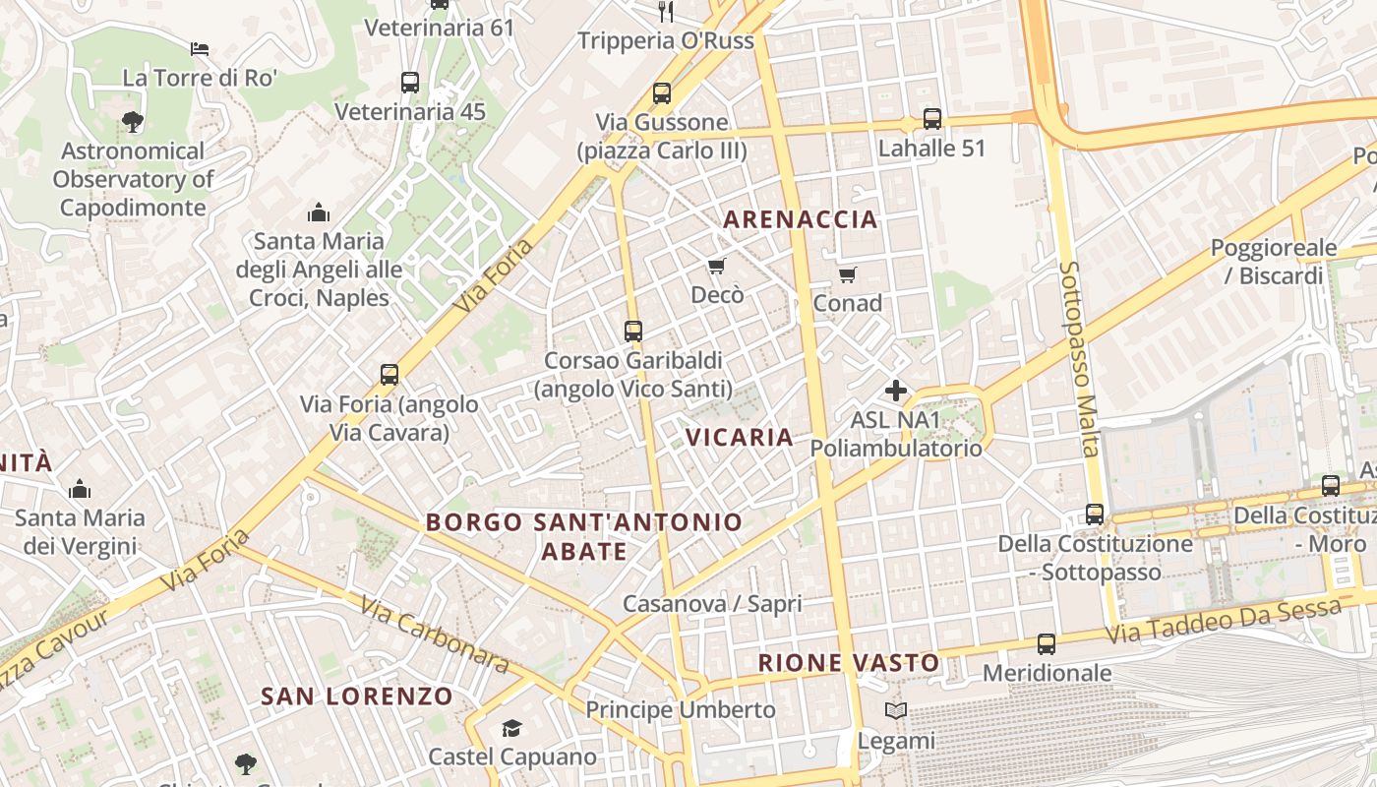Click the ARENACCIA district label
(800, 219)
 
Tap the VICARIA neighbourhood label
(739, 437)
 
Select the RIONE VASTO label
(849, 663)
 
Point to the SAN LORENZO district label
(357, 696)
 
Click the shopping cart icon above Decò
(716, 267)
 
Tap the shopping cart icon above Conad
(847, 274)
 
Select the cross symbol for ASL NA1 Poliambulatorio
(895, 391)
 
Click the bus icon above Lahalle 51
(931, 119)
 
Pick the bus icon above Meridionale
(1047, 645)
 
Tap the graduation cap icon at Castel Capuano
(511, 729)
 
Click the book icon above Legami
(895, 711)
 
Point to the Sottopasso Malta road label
(1079, 358)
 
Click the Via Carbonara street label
(434, 635)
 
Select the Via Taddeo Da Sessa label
(1224, 621)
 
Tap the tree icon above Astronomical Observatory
(132, 122)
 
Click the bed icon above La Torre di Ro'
(200, 48)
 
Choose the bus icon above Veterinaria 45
(410, 83)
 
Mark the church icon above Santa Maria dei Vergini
(80, 489)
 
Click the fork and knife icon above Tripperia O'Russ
(666, 12)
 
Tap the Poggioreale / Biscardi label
(1273, 262)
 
